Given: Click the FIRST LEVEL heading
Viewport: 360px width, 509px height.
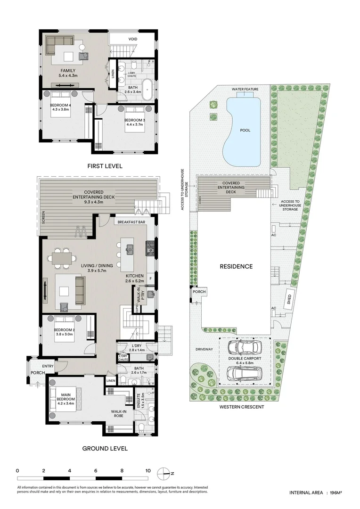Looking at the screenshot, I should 105,166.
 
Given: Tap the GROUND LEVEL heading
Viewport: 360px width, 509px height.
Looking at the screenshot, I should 105,448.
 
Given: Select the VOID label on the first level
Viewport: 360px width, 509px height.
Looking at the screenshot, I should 133,39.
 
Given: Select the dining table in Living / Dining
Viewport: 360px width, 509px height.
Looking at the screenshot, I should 62,258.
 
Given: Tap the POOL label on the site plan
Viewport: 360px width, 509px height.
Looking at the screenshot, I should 245,130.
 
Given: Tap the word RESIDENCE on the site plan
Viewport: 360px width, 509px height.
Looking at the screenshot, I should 236,266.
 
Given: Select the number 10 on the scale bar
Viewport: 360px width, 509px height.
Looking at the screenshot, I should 148,471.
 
